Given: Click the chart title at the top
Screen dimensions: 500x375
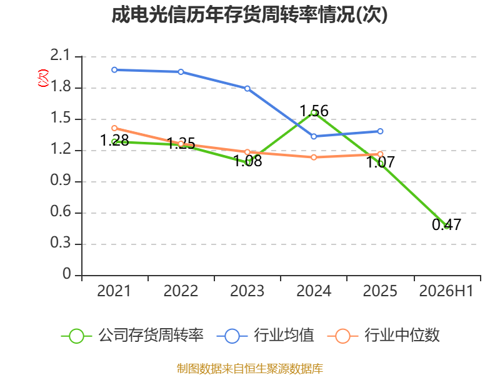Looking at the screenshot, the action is pyautogui.click(x=249, y=14).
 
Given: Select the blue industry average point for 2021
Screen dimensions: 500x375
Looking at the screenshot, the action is pyautogui.click(x=114, y=70).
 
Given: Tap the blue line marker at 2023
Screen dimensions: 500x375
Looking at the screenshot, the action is pyautogui.click(x=247, y=88).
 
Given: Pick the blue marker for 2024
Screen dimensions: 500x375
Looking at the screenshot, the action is pyautogui.click(x=314, y=136).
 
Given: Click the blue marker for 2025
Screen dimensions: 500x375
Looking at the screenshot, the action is pyautogui.click(x=380, y=131).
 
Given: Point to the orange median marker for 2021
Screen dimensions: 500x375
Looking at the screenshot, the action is pyautogui.click(x=114, y=128).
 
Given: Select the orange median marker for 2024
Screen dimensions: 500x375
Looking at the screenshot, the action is pyautogui.click(x=314, y=157).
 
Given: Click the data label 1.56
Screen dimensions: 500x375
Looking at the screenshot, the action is pyautogui.click(x=314, y=111).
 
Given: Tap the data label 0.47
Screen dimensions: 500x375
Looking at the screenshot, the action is pyautogui.click(x=446, y=224).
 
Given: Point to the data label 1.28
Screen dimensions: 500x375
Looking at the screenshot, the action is pyautogui.click(x=114, y=140).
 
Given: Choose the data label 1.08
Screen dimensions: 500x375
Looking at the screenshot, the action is pyautogui.click(x=247, y=161).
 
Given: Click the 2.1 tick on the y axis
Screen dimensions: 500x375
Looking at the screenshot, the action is pyautogui.click(x=60, y=55).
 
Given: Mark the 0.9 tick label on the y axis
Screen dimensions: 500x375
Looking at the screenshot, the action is pyautogui.click(x=60, y=181).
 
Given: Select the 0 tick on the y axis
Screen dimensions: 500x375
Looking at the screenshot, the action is pyautogui.click(x=67, y=274).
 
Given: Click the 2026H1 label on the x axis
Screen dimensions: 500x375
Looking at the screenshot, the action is pyautogui.click(x=446, y=291).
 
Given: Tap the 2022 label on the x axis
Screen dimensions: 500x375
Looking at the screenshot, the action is pyautogui.click(x=181, y=291).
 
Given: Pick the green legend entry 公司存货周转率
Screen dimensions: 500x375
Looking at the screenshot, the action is pyautogui.click(x=132, y=336).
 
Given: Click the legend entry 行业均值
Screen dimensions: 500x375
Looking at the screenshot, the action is pyautogui.click(x=265, y=336).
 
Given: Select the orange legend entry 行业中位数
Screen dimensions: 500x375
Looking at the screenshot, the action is pyautogui.click(x=384, y=336).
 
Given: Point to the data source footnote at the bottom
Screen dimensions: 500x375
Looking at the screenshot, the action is pyautogui.click(x=250, y=369).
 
